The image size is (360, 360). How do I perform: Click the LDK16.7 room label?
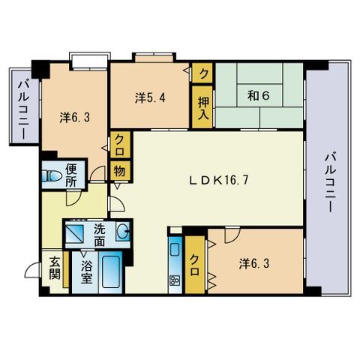[218, 180]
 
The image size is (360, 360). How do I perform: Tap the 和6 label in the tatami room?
[259, 95]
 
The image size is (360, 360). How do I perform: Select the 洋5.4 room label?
[150, 97]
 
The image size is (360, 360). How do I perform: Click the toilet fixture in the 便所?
[52, 176]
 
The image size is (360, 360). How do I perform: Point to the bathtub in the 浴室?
[111, 271]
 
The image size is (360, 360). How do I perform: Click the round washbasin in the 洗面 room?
[123, 232]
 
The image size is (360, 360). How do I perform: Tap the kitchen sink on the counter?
[175, 249]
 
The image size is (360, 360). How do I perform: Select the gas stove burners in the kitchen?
[175, 280]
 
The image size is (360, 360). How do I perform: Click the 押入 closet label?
[202, 108]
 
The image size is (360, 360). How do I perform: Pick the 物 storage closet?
[119, 172]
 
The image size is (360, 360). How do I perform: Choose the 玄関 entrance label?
[55, 268]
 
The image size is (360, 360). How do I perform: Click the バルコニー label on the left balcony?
[24, 109]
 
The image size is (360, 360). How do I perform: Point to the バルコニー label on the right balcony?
[330, 183]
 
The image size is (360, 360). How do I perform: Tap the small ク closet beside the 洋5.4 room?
[202, 73]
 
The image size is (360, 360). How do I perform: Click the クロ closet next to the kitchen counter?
[195, 265]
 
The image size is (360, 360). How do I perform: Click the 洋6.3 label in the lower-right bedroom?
[254, 264]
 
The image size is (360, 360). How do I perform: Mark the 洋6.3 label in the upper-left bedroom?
[74, 118]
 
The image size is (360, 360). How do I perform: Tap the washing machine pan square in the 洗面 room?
[74, 233]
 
